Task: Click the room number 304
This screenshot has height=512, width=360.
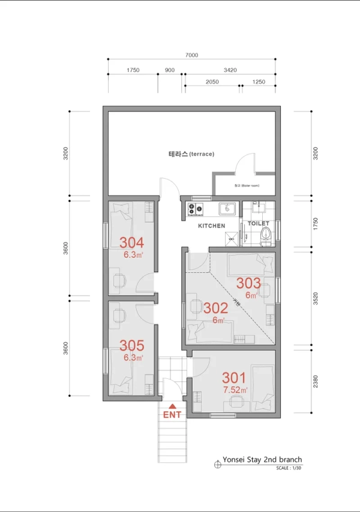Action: [131, 243]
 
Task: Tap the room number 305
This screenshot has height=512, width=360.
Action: [131, 345]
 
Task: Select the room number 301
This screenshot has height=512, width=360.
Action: [234, 378]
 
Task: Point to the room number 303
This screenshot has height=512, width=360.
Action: [248, 283]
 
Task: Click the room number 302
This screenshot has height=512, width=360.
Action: [215, 308]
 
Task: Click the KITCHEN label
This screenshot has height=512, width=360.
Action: [212, 226]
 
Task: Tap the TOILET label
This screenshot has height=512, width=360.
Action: [259, 223]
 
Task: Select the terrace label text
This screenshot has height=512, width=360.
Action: [191, 154]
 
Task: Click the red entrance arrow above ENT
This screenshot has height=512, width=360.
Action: [173, 406]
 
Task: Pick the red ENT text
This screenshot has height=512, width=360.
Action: [173, 414]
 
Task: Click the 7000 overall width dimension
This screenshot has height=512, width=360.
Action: [191, 55]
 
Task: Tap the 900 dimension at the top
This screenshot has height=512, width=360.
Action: [170, 70]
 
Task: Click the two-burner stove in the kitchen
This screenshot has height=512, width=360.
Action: [195, 209]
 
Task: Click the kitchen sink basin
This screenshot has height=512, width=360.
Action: [227, 209]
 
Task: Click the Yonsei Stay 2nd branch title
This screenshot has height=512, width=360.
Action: [262, 460]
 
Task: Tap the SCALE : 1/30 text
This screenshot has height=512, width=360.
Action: [289, 468]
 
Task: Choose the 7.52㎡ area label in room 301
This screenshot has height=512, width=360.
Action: [235, 390]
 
